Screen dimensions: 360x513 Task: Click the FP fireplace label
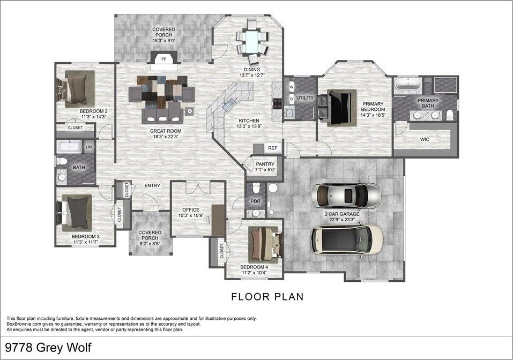[x=163, y=58]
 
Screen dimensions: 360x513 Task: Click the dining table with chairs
[x=252, y=40]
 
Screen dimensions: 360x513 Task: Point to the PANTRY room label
[x=265, y=164]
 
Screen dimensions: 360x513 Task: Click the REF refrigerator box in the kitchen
[x=272, y=148]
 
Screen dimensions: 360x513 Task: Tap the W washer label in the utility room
[x=292, y=86]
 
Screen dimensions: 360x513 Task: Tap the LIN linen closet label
[x=89, y=146]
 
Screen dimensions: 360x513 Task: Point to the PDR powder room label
[x=255, y=201]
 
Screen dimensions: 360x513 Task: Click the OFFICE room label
[x=190, y=209]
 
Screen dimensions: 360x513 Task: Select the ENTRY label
[x=152, y=186]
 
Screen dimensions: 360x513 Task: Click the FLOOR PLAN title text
[x=267, y=296]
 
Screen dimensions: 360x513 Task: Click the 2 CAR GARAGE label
[x=341, y=214]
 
